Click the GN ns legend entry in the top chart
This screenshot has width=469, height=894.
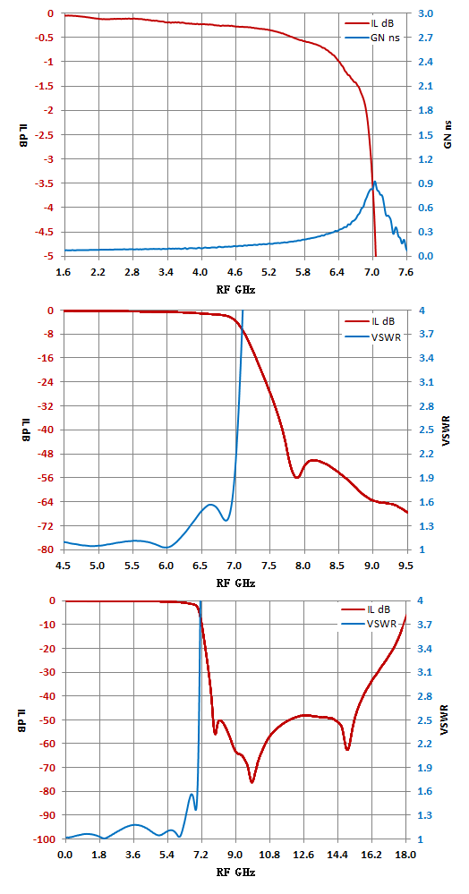[x=371, y=38]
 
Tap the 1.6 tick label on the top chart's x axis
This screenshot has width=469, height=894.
[x=64, y=273]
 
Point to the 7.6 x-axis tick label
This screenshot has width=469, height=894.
[x=406, y=273]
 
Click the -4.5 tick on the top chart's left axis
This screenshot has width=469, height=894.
[x=47, y=232]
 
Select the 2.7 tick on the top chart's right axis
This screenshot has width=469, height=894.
[x=425, y=38]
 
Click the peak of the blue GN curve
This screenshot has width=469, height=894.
[x=375, y=182]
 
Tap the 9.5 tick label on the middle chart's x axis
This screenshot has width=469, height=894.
[x=407, y=567]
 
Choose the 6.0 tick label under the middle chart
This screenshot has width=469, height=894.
[x=166, y=567]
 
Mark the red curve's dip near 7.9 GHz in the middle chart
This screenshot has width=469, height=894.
[x=296, y=477]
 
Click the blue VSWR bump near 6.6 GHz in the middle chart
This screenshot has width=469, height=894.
[x=210, y=505]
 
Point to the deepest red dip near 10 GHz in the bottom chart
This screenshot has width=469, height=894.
[x=252, y=782]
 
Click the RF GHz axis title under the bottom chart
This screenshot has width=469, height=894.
[x=235, y=873]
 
